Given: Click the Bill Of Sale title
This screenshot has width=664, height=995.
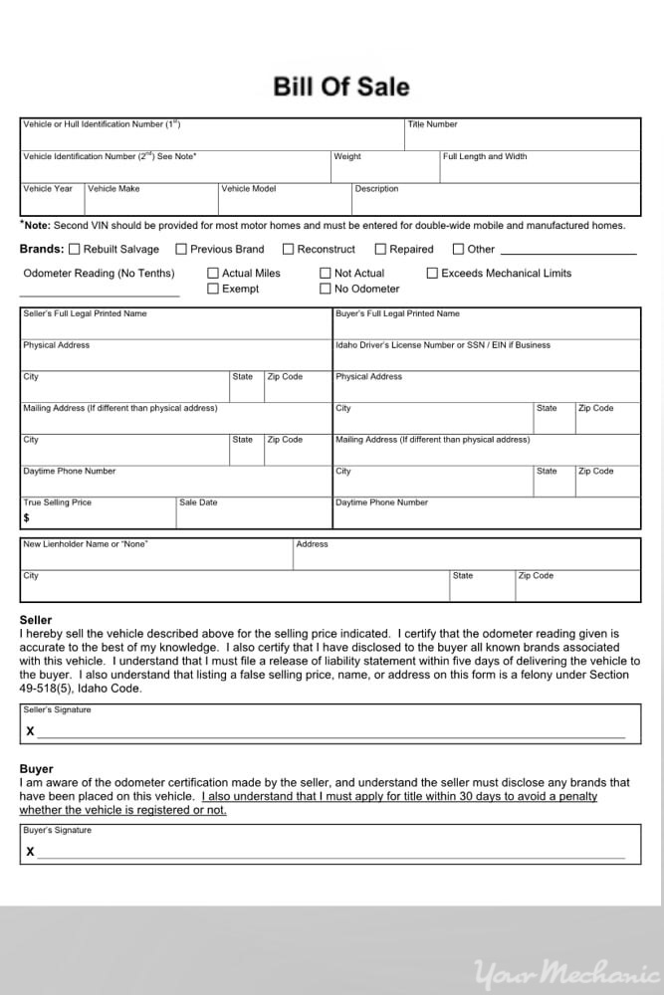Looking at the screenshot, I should [x=340, y=87].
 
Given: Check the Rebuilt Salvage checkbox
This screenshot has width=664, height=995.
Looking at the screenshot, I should [x=75, y=249].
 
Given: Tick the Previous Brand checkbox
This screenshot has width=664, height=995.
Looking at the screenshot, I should [x=181, y=249].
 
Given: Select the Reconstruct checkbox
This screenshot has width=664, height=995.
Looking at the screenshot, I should [x=289, y=249].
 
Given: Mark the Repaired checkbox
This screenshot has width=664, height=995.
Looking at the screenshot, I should [x=380, y=249].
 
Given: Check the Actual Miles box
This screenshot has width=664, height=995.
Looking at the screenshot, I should [x=213, y=273].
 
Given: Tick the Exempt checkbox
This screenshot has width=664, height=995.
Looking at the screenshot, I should [x=213, y=289].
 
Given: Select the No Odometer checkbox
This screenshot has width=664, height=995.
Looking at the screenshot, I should [x=326, y=289].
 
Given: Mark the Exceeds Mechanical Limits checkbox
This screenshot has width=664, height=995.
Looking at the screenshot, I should [x=433, y=273].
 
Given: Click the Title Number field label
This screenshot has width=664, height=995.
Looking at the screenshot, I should [x=432, y=124].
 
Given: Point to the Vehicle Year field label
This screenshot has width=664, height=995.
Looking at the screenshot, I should [x=48, y=188].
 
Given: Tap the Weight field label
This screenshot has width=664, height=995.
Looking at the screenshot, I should [x=347, y=156].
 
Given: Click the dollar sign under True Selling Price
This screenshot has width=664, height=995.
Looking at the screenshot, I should [x=27, y=517].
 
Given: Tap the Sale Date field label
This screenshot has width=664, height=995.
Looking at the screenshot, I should [x=198, y=502].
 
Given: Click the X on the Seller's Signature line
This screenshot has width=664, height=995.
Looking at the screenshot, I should [x=30, y=731].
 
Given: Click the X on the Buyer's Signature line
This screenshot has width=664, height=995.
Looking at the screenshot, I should [x=30, y=851].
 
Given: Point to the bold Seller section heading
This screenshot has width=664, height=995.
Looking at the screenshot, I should [x=36, y=620].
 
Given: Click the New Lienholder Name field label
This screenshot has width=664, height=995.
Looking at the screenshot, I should [x=85, y=544].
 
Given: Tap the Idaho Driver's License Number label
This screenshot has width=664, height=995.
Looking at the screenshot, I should [x=443, y=345].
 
